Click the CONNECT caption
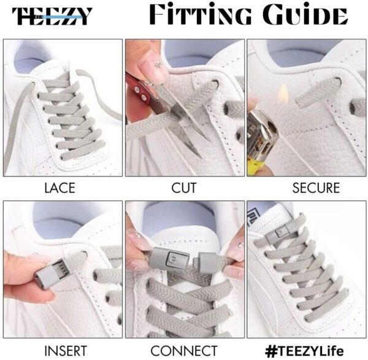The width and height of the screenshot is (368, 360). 185,350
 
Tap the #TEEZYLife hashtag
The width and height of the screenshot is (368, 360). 307,350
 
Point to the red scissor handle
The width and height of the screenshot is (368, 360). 137,86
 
